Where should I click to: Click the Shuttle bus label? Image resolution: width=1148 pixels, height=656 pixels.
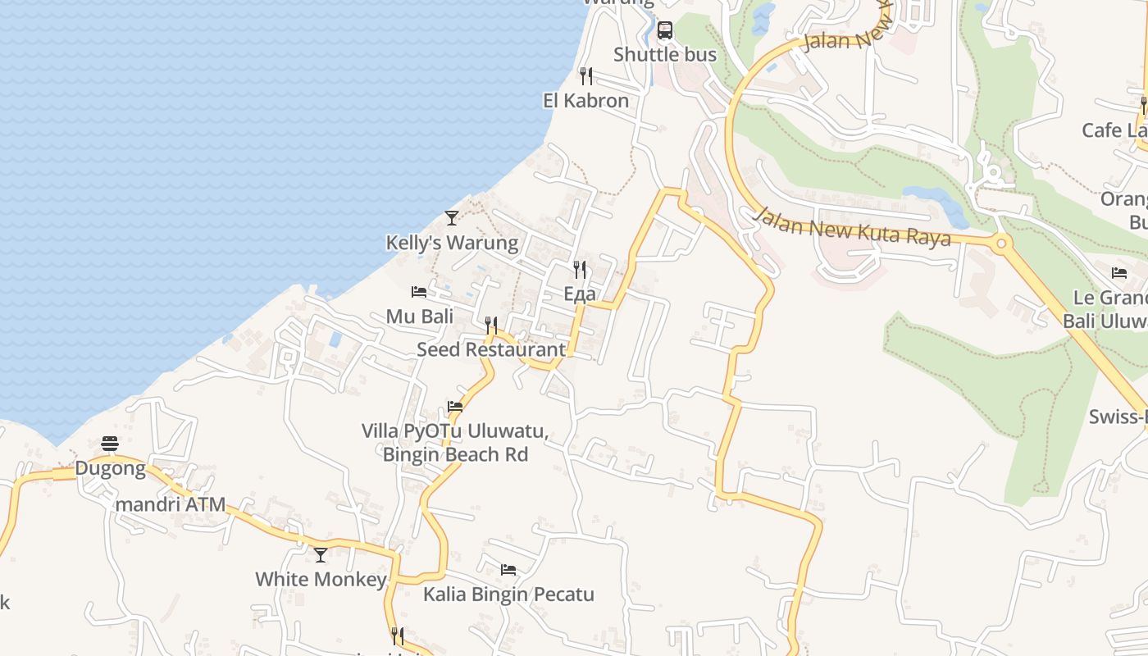pyautogui.click(x=665, y=55)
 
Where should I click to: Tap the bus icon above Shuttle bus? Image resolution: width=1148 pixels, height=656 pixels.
pyautogui.click(x=665, y=30)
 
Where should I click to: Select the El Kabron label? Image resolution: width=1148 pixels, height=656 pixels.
pyautogui.click(x=585, y=101)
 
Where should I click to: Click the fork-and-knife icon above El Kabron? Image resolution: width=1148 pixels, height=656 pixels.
pyautogui.click(x=585, y=76)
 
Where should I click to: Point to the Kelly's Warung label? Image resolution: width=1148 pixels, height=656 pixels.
pyautogui.click(x=452, y=243)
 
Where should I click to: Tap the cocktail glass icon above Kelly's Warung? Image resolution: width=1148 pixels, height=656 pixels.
pyautogui.click(x=452, y=217)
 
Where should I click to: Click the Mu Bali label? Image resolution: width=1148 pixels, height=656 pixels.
pyautogui.click(x=420, y=317)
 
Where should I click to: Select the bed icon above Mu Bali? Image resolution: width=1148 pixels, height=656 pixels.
pyautogui.click(x=419, y=292)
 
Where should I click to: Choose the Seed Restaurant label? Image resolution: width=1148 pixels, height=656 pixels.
pyautogui.click(x=491, y=349)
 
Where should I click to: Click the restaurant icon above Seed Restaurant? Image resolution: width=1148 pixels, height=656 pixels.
pyautogui.click(x=491, y=326)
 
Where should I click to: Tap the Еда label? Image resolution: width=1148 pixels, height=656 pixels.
pyautogui.click(x=580, y=294)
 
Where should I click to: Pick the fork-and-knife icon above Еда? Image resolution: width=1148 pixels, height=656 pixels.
pyautogui.click(x=580, y=269)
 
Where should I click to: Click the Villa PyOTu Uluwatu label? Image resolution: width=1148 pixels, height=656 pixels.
pyautogui.click(x=455, y=431)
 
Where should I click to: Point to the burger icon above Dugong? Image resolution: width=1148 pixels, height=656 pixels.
pyautogui.click(x=110, y=444)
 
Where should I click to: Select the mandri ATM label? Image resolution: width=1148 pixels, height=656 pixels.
pyautogui.click(x=171, y=504)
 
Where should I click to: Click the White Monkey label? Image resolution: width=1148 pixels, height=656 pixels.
pyautogui.click(x=321, y=579)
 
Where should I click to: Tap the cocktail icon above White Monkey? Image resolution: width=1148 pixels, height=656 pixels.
pyautogui.click(x=321, y=555)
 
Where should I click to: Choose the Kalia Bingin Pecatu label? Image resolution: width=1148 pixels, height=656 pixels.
pyautogui.click(x=508, y=594)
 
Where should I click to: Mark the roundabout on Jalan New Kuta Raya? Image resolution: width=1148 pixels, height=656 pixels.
pyautogui.click(x=1000, y=243)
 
